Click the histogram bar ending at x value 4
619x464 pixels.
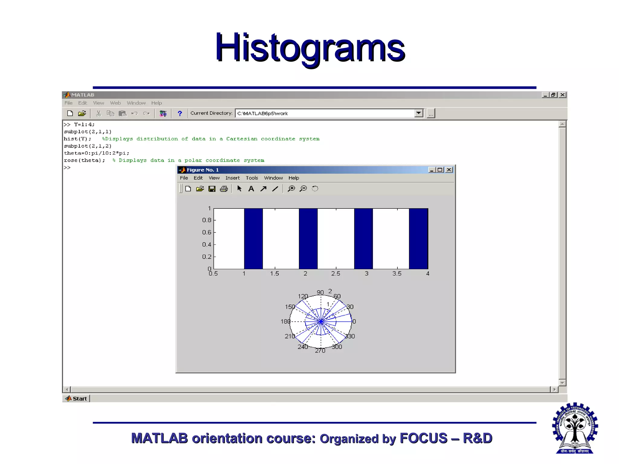click(418, 239)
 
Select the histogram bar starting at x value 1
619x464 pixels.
click(253, 239)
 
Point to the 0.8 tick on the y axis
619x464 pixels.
click(207, 220)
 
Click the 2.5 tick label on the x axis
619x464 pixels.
click(335, 274)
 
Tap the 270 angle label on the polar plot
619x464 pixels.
click(320, 351)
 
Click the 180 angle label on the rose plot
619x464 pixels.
click(285, 321)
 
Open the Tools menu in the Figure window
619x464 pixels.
click(251, 178)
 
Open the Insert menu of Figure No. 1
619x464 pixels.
click(232, 178)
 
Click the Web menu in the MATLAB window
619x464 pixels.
click(115, 103)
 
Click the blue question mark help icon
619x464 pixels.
click(180, 114)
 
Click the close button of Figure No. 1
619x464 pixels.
click(449, 170)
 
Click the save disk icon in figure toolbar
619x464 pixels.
click(212, 189)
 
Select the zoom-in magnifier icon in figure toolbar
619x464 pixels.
click(291, 189)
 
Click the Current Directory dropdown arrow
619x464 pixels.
click(419, 113)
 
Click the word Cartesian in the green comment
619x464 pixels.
click(241, 139)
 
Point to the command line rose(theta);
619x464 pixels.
click(84, 160)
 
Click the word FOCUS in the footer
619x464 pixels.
click(423, 438)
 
